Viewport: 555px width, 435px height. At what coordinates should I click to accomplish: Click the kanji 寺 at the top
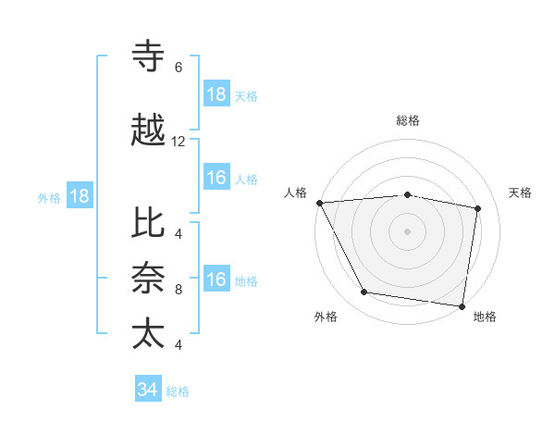pos(149,57)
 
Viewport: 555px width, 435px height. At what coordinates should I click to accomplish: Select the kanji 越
pos(149,131)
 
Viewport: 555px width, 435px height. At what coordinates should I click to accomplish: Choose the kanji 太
pos(149,334)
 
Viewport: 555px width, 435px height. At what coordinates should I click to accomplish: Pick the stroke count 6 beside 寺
pos(178,68)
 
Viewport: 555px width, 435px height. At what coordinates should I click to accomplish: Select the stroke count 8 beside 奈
pos(178,290)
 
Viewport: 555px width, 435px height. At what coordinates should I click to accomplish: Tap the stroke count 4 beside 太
pos(178,345)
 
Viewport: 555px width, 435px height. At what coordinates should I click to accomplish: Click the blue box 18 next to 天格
pos(216,94)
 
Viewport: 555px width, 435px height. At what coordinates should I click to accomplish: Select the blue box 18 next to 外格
pos(79,196)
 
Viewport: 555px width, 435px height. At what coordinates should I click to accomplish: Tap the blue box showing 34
pos(147,390)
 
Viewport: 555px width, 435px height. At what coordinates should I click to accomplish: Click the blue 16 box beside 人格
pos(216,178)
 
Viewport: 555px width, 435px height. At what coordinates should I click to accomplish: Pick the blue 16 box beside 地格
pos(216,280)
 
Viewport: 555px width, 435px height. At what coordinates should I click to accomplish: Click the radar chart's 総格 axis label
pos(408,120)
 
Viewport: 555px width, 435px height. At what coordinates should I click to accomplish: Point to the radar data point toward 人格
pos(319,203)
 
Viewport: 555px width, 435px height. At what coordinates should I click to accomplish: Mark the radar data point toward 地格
pos(462,305)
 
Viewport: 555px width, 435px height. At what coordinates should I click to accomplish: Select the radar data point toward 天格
pos(478,208)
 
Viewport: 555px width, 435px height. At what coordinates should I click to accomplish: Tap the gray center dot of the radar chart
pos(408,230)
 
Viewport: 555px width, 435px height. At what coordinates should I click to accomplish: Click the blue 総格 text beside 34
pos(178,391)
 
